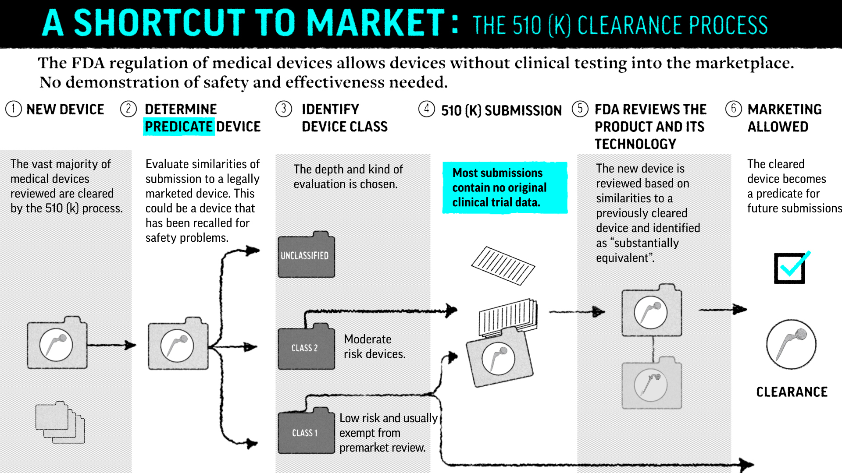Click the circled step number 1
pos(14,109)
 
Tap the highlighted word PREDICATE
pos(179,127)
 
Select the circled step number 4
pos(426,109)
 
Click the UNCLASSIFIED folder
pos(306,254)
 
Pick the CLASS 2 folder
pos(306,346)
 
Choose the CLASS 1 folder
pos(306,431)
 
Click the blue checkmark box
pos(790,268)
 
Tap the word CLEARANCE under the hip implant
pos(792,392)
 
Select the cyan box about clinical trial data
pos(505,187)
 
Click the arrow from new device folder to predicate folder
pos(112,345)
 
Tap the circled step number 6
pos(733,109)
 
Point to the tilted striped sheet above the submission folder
pos(503,265)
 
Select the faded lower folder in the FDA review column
pos(652,383)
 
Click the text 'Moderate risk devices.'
pos(375,346)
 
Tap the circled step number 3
pos(284,109)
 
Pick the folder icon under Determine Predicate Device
pos(178,343)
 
